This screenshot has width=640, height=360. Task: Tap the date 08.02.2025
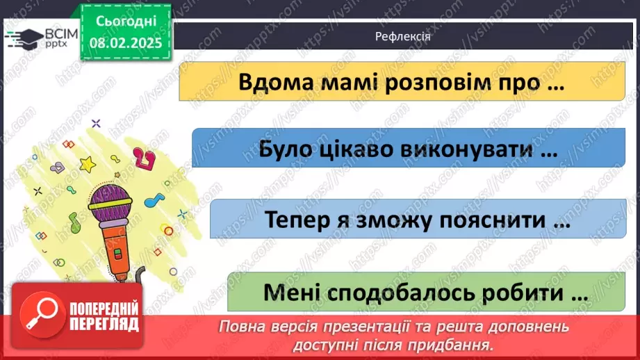(x=125, y=42)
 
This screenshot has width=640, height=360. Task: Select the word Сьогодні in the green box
(x=125, y=23)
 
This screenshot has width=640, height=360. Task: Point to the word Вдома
(x=271, y=82)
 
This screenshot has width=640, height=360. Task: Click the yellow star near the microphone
(x=88, y=164)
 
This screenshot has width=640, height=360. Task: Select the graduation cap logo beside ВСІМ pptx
(x=23, y=37)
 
